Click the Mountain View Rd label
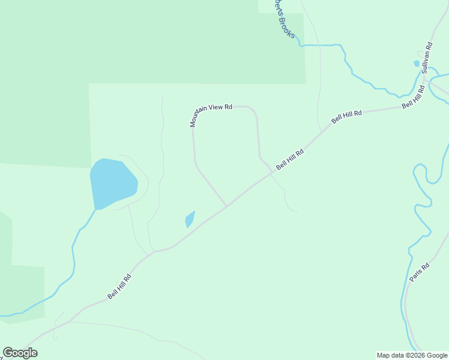(x=211, y=114)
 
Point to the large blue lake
(x=113, y=182)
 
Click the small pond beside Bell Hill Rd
(x=190, y=219)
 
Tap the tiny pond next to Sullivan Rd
(x=417, y=63)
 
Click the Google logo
(x=20, y=353)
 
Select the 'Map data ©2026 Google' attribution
(x=412, y=355)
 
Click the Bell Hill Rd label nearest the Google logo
(x=119, y=287)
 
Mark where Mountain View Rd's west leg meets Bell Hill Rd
(x=226, y=206)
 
